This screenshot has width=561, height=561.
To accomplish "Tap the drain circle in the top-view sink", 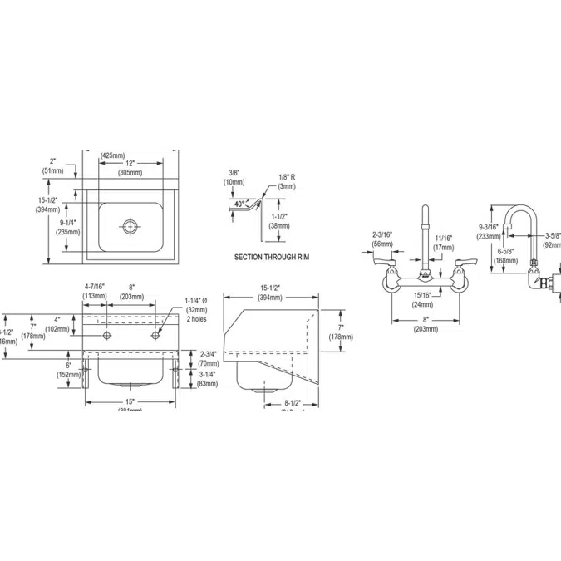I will point(130,224).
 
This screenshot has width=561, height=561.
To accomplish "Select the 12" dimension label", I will point(130,163).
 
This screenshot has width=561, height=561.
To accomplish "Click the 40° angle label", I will point(240,204).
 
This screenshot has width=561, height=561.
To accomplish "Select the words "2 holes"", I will point(198,318).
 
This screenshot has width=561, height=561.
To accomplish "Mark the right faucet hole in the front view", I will point(155,335).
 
